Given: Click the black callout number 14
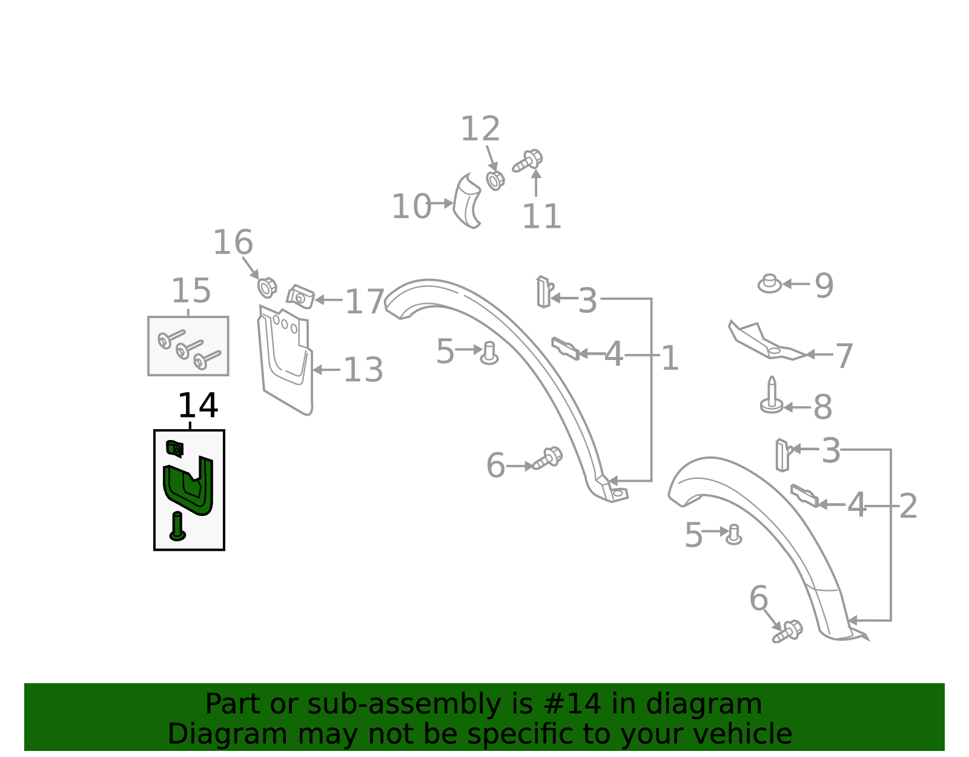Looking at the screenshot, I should [x=197, y=405].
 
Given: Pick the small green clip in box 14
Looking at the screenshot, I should [x=175, y=448].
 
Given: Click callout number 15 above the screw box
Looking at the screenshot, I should [x=191, y=291].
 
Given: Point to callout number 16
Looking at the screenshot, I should [x=233, y=242].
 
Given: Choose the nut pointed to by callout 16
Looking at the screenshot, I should [x=266, y=287].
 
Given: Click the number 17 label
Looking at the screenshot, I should [x=365, y=301].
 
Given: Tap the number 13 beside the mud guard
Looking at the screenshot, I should [x=363, y=370].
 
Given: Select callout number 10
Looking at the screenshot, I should [x=411, y=207].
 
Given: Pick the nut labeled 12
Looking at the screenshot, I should [x=495, y=180].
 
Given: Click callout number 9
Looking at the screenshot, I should [x=824, y=285].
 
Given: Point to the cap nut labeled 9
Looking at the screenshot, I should [x=770, y=283].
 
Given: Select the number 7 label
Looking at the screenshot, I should [x=844, y=356].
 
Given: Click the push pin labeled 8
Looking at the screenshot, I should [x=772, y=396].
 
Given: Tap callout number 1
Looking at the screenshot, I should [x=669, y=358].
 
